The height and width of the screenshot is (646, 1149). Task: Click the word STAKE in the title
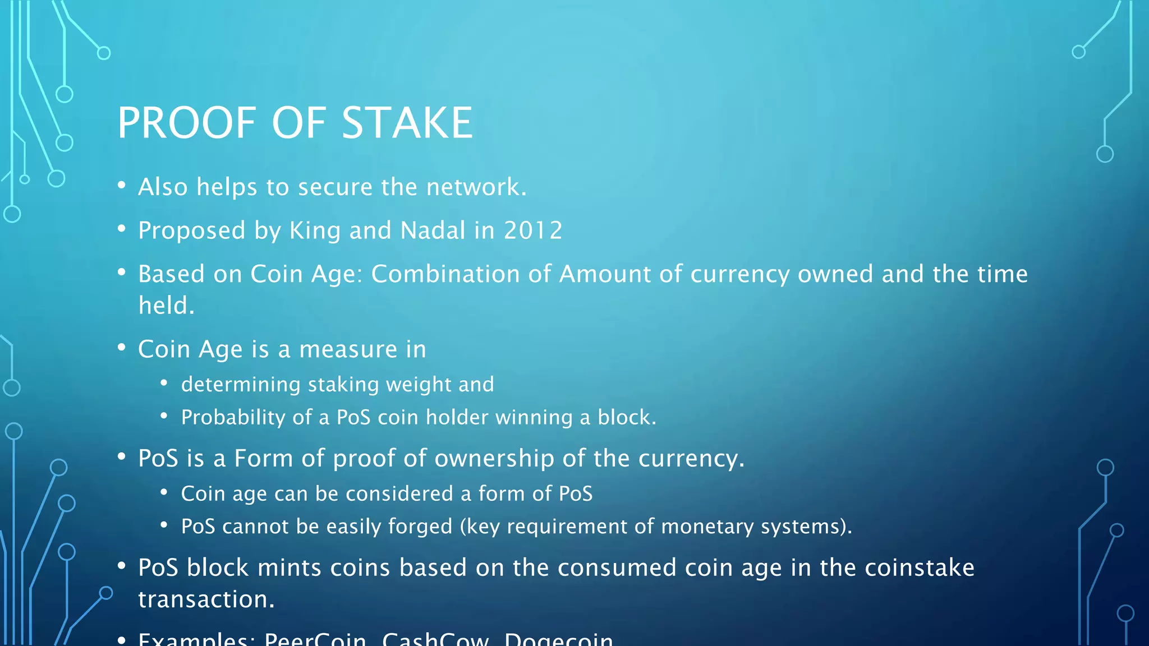(x=407, y=123)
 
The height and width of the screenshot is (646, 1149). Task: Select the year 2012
(x=533, y=230)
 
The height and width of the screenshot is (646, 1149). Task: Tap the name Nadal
(x=433, y=230)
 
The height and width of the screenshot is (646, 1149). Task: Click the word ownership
(x=494, y=459)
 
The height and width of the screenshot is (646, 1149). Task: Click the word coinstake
(x=919, y=567)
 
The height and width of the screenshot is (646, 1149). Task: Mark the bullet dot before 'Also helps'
(x=122, y=186)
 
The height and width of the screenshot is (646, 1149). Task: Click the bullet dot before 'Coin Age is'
(x=122, y=348)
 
